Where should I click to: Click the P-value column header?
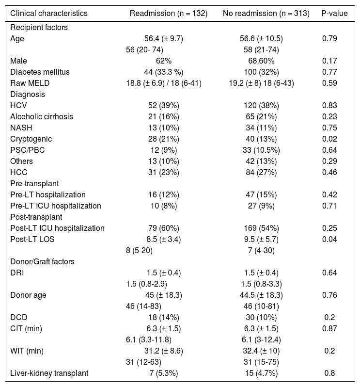pyautogui.click(x=334, y=14)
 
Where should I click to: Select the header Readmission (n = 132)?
pyautogui.click(x=168, y=14)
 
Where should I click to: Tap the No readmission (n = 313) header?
pyautogui.click(x=266, y=14)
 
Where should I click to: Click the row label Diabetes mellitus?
pyautogui.click(x=40, y=72)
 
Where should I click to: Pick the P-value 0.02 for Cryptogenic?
pyautogui.click(x=329, y=139)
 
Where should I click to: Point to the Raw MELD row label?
pyautogui.click(x=30, y=83)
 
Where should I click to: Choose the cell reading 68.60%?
pyautogui.click(x=261, y=61)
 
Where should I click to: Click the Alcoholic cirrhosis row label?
pyautogui.click(x=42, y=116)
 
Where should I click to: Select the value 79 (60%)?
pyautogui.click(x=164, y=228)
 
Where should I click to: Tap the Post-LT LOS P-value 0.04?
pyautogui.click(x=329, y=239)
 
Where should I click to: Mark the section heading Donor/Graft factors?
pyautogui.click(x=42, y=261)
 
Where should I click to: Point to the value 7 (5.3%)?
pyautogui.click(x=164, y=373)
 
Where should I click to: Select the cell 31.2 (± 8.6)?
pyautogui.click(x=164, y=351)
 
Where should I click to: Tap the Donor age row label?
pyautogui.click(x=29, y=295)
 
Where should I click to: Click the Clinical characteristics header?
pyautogui.click(x=49, y=14)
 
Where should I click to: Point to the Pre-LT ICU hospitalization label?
pyautogui.click(x=55, y=206)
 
